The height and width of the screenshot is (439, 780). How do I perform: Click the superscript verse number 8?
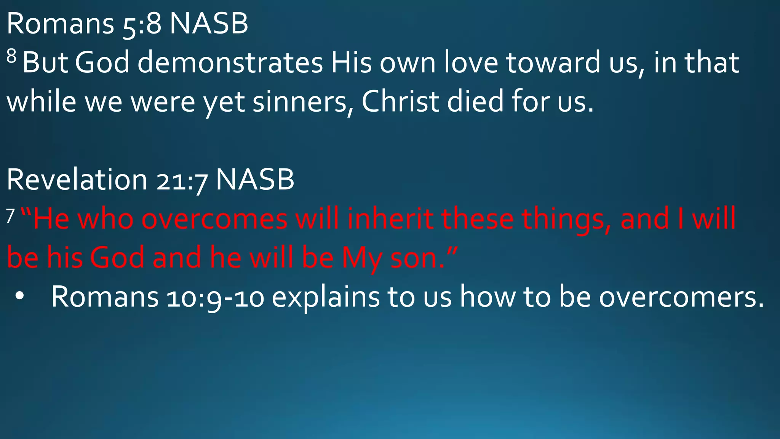11,57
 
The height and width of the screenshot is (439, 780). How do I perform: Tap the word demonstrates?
230,63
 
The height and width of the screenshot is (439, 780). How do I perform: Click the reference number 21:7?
182,181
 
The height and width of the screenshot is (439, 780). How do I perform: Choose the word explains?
326,297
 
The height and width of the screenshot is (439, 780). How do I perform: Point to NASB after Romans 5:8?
209,24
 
